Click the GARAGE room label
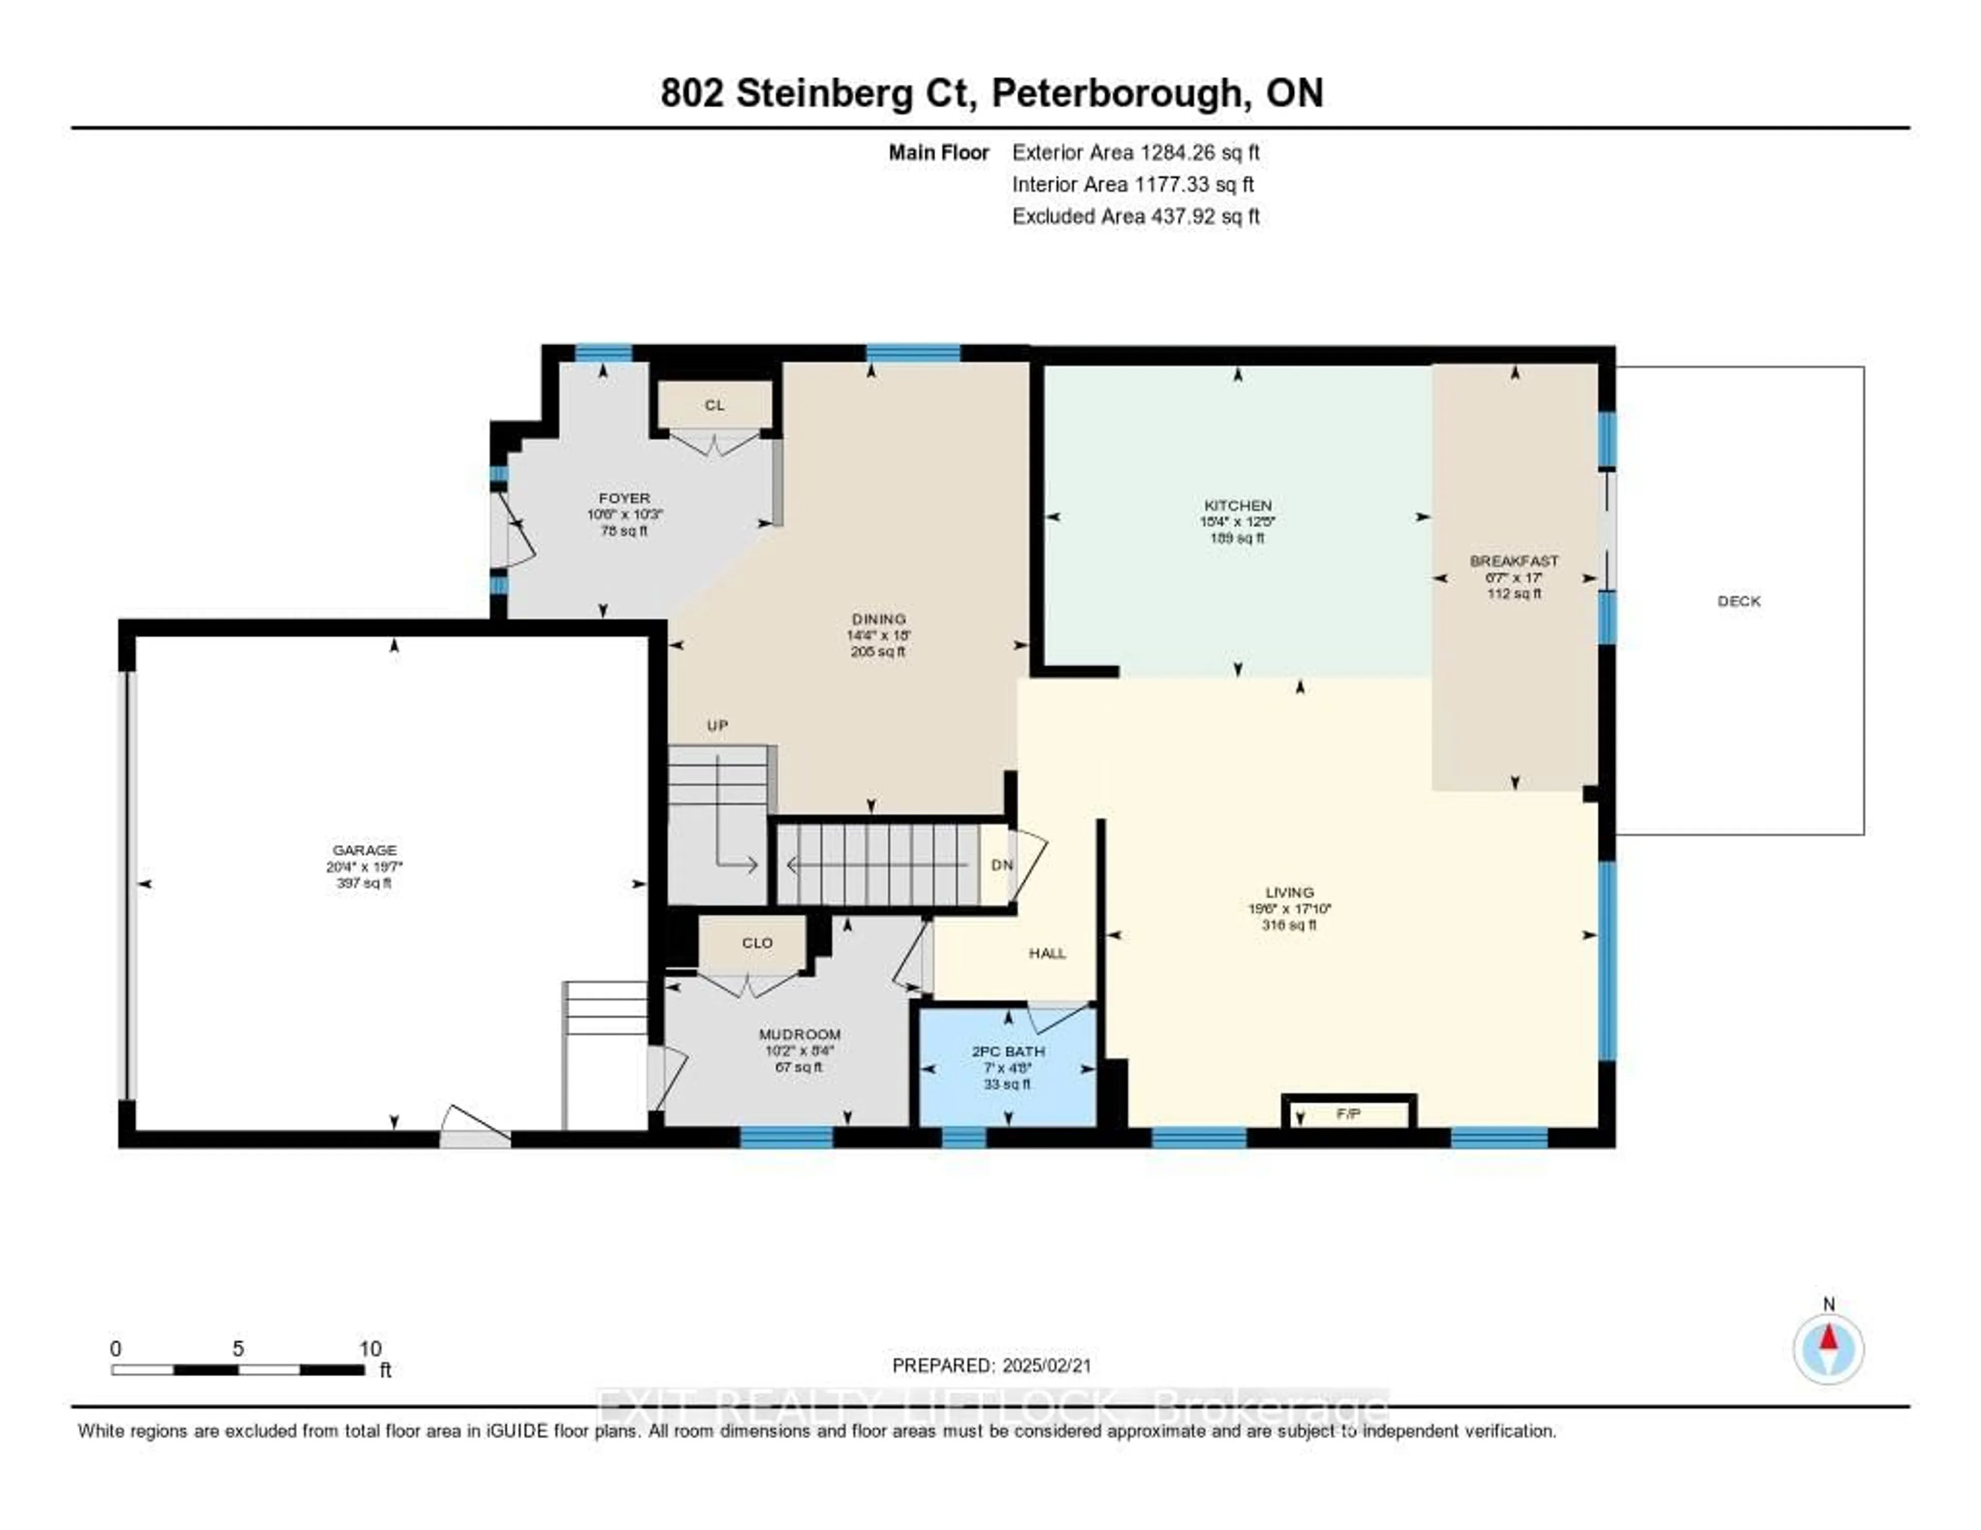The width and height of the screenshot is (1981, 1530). click(x=364, y=850)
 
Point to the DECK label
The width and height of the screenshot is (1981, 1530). click(x=1738, y=601)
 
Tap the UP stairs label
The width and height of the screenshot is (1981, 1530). click(x=718, y=726)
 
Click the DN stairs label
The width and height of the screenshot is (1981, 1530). click(x=1001, y=865)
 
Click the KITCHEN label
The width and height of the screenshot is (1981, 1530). click(x=1237, y=505)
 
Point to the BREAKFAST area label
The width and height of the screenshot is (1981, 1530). click(x=1514, y=561)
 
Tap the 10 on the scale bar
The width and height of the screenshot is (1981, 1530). click(x=369, y=1348)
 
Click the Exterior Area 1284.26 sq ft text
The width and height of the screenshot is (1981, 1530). click(x=1135, y=152)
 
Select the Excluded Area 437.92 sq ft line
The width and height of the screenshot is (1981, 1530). click(x=1135, y=216)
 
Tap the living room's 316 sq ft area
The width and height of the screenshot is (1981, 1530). click(x=1288, y=925)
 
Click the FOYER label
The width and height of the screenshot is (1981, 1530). click(x=624, y=498)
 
